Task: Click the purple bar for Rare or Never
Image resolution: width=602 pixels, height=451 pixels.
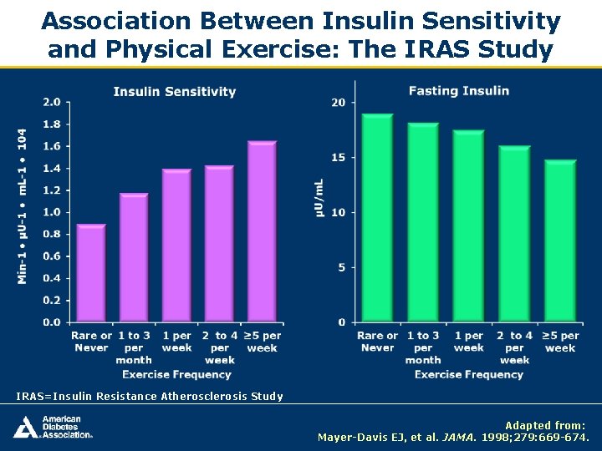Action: tap(91, 273)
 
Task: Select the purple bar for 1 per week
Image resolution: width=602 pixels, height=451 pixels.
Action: tap(177, 246)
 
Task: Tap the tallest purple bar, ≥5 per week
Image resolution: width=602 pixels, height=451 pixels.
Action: tap(262, 231)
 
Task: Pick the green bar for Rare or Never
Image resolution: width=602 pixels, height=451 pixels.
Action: tap(377, 218)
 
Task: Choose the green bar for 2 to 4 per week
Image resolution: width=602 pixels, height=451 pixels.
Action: tap(514, 235)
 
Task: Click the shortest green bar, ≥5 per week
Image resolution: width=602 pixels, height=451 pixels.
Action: tap(560, 241)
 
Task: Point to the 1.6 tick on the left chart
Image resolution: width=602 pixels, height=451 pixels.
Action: tap(52, 146)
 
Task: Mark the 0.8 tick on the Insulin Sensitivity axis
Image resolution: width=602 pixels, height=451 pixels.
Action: tap(52, 235)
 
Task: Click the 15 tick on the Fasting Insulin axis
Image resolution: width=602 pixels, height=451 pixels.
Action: tap(339, 158)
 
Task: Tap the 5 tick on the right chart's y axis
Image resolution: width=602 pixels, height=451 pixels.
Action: tap(341, 268)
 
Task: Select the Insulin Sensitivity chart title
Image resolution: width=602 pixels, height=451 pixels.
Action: tap(175, 92)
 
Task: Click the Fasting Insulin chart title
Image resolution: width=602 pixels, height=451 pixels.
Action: tap(459, 90)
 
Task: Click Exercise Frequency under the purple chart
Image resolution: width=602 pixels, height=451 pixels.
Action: tap(176, 374)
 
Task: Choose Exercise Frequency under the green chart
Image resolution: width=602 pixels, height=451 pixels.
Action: tap(468, 374)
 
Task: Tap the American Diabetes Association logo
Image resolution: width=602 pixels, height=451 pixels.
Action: tap(52, 427)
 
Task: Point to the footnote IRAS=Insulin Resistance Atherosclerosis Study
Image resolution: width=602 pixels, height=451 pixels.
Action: tap(150, 397)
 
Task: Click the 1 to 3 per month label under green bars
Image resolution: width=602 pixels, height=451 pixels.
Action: tap(423, 347)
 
